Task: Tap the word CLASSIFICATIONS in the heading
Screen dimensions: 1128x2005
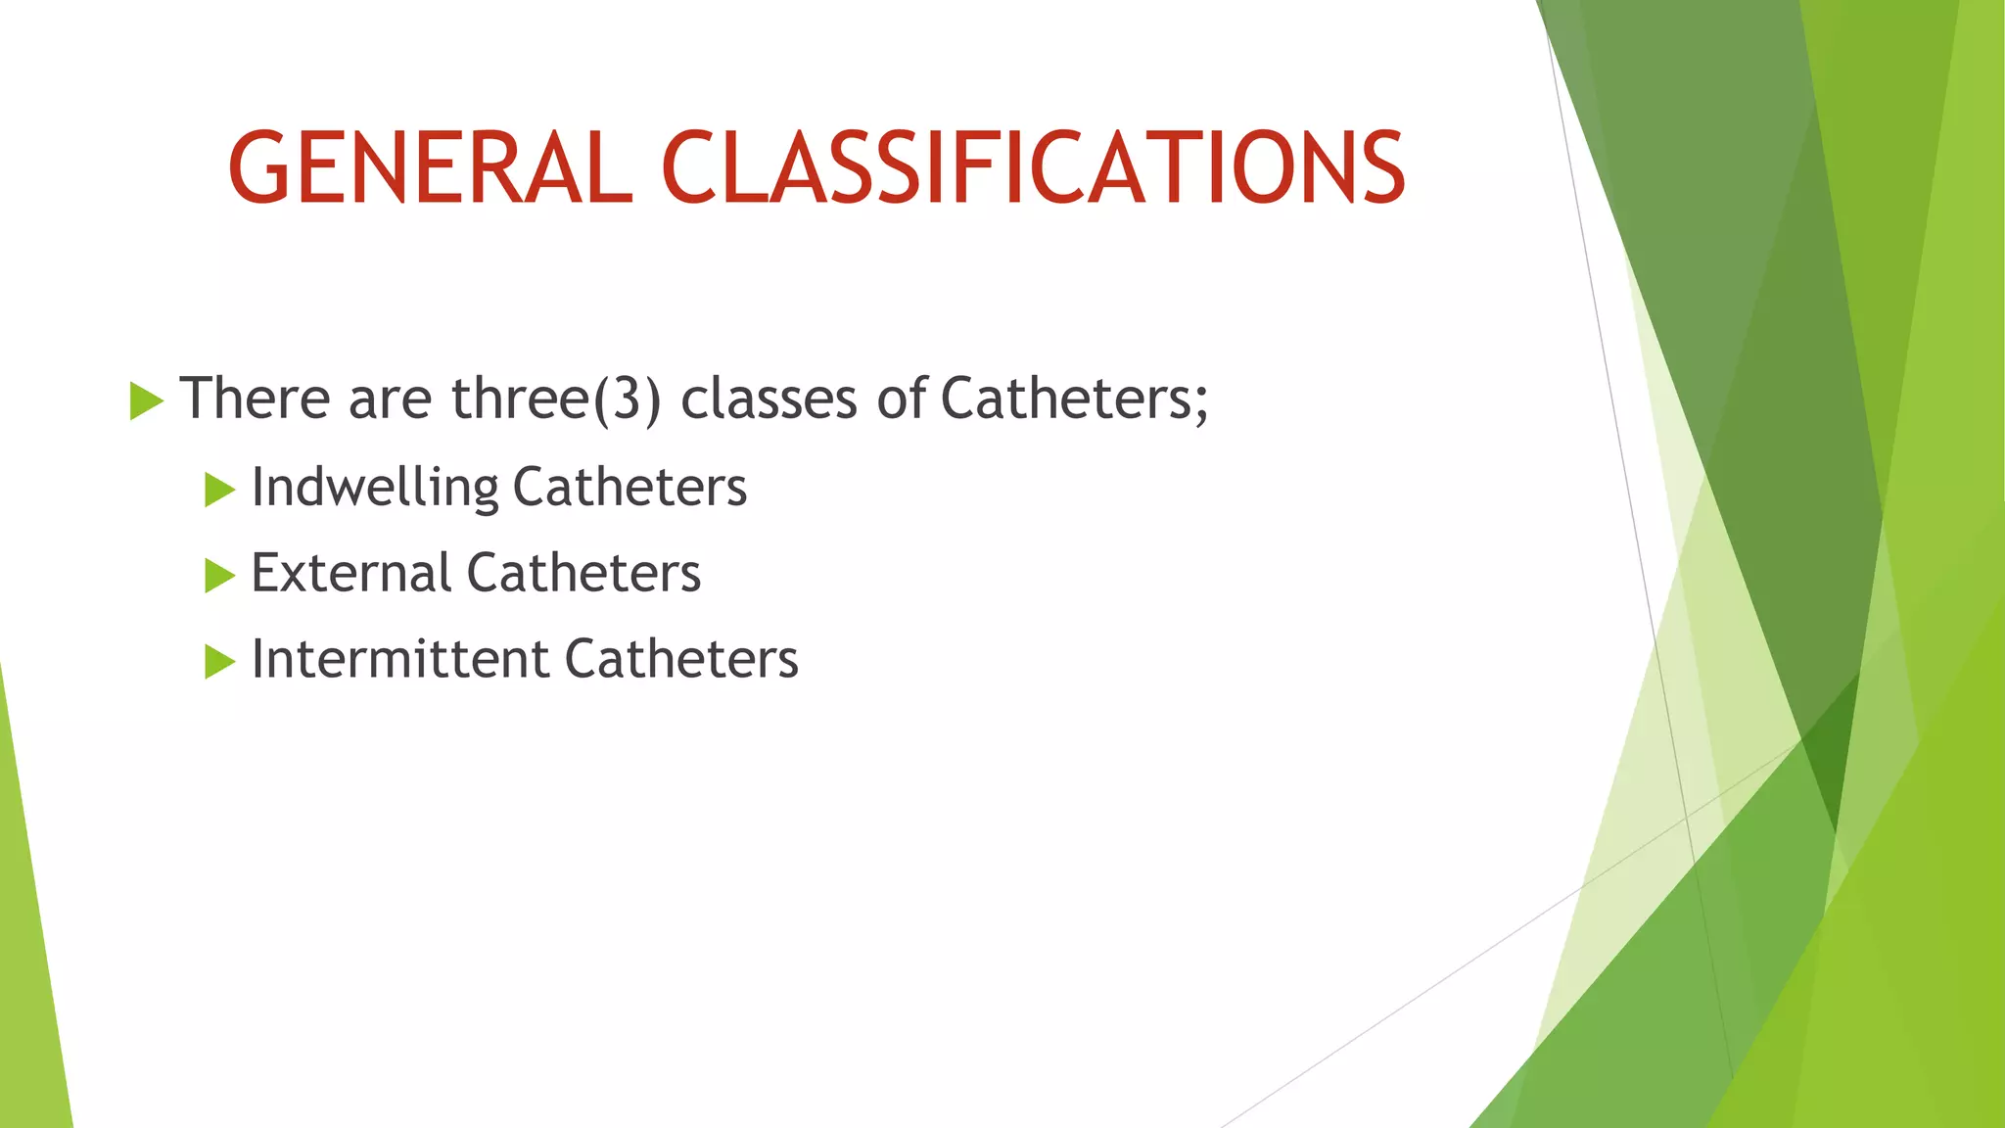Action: [x=1034, y=168]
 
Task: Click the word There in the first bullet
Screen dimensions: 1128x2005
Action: [x=255, y=399]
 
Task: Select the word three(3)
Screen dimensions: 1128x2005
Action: [x=556, y=399]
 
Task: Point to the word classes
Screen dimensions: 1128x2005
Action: [x=769, y=399]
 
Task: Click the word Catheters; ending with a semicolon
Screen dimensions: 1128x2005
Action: [x=1075, y=399]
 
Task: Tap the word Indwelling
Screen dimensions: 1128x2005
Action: [x=374, y=487]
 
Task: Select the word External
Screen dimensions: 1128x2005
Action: [x=350, y=573]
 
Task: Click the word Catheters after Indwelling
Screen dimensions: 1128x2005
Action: [x=629, y=487]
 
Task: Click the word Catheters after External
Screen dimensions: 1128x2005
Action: [x=583, y=573]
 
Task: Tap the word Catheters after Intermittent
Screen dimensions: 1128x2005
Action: [x=681, y=659]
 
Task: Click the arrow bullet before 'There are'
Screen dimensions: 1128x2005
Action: [x=145, y=401]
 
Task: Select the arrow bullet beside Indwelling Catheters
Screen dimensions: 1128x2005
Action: [x=219, y=490]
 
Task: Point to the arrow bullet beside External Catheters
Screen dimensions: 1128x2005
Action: [x=219, y=576]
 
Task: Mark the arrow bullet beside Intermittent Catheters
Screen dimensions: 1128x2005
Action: [x=219, y=662]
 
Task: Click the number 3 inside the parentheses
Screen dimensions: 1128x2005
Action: [x=627, y=399]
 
